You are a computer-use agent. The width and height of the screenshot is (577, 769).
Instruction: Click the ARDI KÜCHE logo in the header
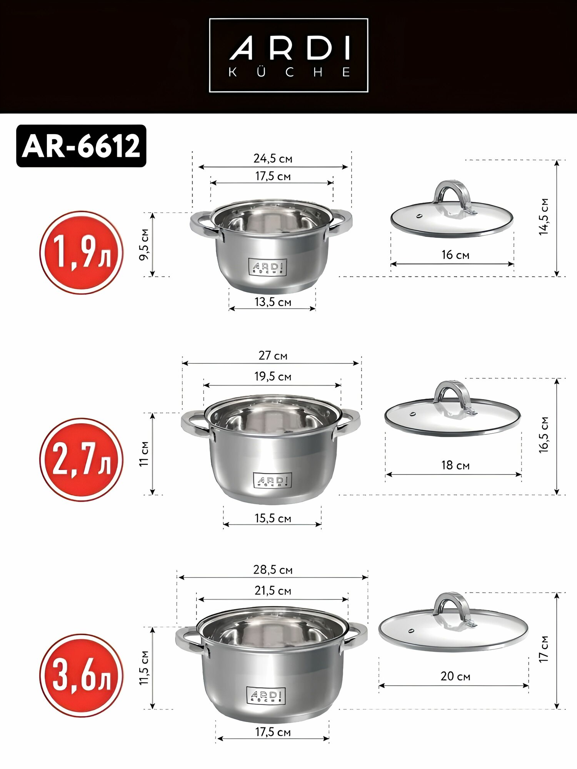(288, 55)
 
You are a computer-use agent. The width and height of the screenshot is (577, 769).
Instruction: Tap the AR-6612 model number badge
(81, 146)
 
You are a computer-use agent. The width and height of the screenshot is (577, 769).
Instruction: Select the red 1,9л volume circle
(82, 253)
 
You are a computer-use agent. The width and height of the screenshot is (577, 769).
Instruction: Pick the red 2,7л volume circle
(82, 459)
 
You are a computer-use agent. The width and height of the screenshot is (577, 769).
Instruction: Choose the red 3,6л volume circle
(82, 676)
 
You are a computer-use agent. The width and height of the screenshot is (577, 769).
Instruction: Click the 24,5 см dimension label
(273, 158)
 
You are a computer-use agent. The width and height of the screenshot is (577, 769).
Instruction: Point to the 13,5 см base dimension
(273, 302)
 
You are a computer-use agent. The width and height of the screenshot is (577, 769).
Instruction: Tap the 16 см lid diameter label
(455, 255)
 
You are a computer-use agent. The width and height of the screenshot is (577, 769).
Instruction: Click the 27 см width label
(273, 355)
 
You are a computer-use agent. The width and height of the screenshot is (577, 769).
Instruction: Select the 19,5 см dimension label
(273, 376)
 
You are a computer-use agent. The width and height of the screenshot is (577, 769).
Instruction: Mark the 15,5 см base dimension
(273, 518)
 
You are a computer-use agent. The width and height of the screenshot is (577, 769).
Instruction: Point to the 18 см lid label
(455, 465)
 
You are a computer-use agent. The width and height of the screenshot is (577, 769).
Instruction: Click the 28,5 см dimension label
(273, 569)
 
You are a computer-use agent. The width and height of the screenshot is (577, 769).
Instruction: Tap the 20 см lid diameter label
(455, 676)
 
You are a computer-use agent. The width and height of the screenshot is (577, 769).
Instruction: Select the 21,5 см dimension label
(273, 591)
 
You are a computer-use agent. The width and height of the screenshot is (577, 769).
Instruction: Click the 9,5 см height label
(144, 245)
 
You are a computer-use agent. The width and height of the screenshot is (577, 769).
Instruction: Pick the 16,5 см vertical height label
(543, 434)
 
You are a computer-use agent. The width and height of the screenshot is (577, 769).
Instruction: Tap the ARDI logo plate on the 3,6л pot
(266, 696)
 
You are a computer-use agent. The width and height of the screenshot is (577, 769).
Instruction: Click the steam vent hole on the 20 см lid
(412, 631)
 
